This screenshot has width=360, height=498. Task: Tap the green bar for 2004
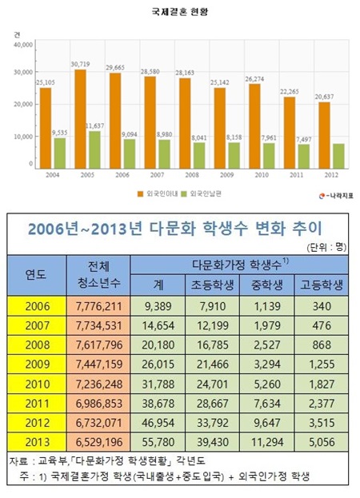coord(59,152)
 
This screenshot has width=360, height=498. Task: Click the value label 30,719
coord(80,63)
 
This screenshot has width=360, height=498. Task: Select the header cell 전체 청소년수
coord(101,273)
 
